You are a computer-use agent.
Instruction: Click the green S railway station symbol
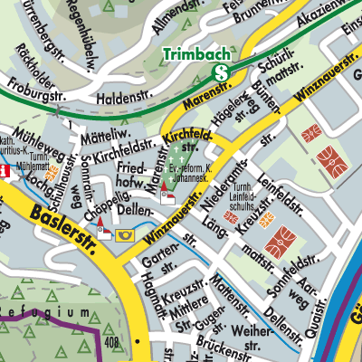point(220,72)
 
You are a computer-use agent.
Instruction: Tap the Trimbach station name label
point(193,55)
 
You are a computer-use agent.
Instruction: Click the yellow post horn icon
point(126,235)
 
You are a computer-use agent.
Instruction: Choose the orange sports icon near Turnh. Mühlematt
point(53,169)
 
